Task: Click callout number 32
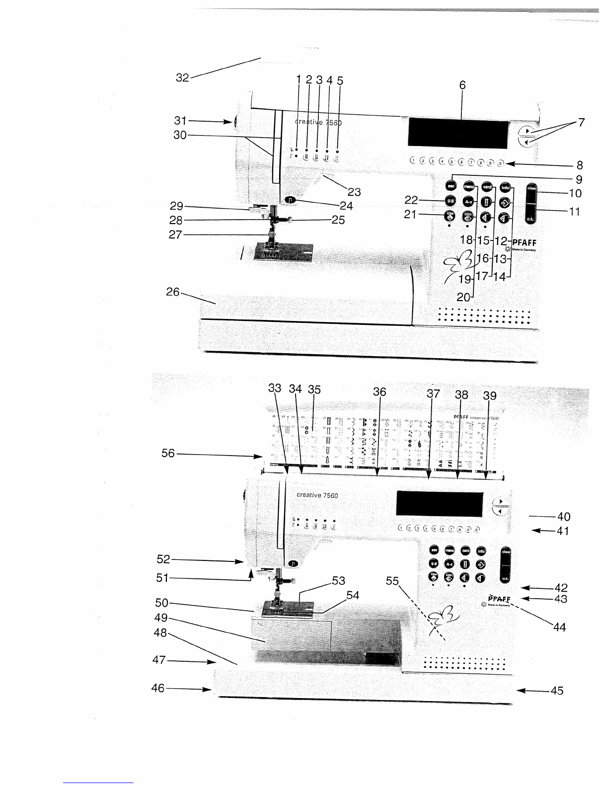[182, 78]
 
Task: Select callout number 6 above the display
[462, 85]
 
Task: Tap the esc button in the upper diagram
[451, 186]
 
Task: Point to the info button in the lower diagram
[481, 551]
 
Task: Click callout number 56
[168, 454]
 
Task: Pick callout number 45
[557, 691]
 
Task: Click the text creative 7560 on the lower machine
[317, 495]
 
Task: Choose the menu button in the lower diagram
[450, 551]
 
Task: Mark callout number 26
[172, 292]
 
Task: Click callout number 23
[354, 191]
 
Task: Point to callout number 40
[564, 517]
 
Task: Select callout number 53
[338, 580]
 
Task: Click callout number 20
[463, 298]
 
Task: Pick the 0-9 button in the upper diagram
[451, 201]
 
